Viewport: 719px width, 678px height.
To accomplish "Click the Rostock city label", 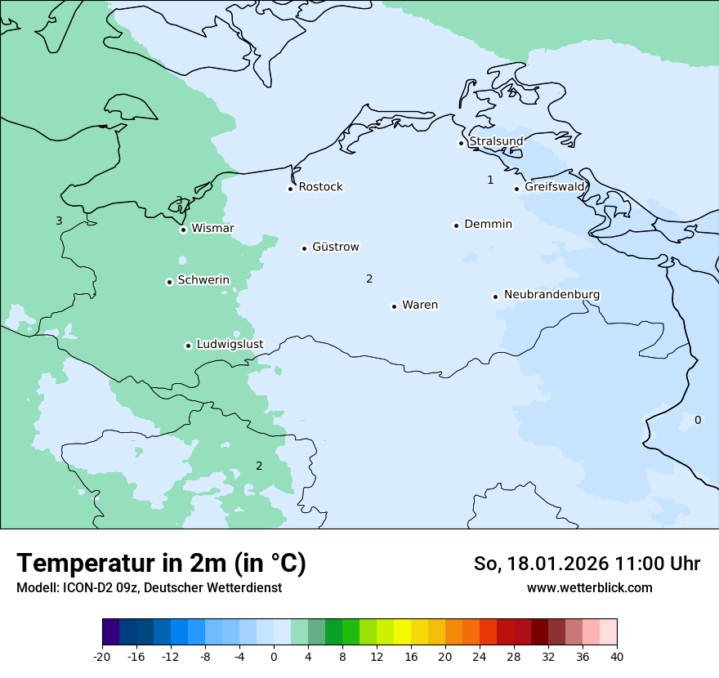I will click(x=320, y=187).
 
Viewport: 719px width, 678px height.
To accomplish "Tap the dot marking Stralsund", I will click(x=461, y=143).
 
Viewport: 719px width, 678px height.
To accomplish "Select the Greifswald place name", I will click(x=555, y=187).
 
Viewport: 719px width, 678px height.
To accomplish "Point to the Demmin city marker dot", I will click(x=456, y=225).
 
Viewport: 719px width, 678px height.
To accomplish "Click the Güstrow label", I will click(x=335, y=247).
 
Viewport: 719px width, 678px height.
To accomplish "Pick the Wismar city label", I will click(x=212, y=228).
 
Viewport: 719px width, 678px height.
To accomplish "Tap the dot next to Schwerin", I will click(x=169, y=282).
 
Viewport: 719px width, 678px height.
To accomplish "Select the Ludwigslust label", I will click(x=230, y=344).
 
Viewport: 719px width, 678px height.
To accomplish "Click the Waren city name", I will click(x=420, y=305).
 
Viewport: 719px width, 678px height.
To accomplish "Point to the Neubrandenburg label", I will click(x=552, y=294).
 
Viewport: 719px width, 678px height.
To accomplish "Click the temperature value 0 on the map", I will click(x=697, y=420).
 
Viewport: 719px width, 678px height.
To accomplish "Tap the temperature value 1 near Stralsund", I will click(x=490, y=180).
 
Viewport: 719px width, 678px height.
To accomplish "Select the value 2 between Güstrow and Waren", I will click(x=369, y=279).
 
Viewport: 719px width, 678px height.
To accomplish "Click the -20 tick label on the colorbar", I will click(x=101, y=657).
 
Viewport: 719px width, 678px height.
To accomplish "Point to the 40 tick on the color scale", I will click(x=616, y=657).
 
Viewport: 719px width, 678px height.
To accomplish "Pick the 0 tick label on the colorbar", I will click(x=274, y=657).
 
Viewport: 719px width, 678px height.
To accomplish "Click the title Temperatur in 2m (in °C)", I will click(x=161, y=563).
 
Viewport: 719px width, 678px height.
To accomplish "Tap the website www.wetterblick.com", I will click(x=589, y=587).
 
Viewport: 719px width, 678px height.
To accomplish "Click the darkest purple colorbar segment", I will click(x=110, y=632).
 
